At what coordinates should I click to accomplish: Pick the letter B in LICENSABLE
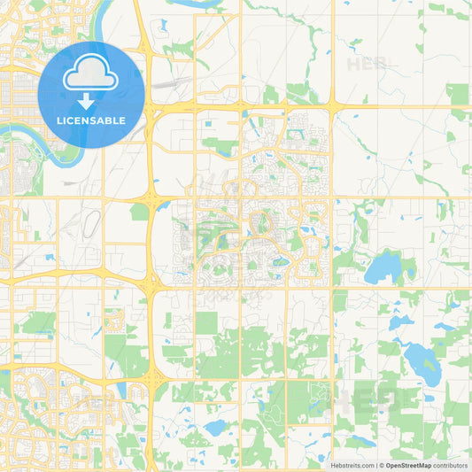110,120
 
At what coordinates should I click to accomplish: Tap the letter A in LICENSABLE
103,120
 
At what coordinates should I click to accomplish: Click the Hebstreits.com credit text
353,464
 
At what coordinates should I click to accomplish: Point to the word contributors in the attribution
451,464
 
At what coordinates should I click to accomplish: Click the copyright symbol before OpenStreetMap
383,464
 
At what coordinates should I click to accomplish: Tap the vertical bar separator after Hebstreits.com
376,464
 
